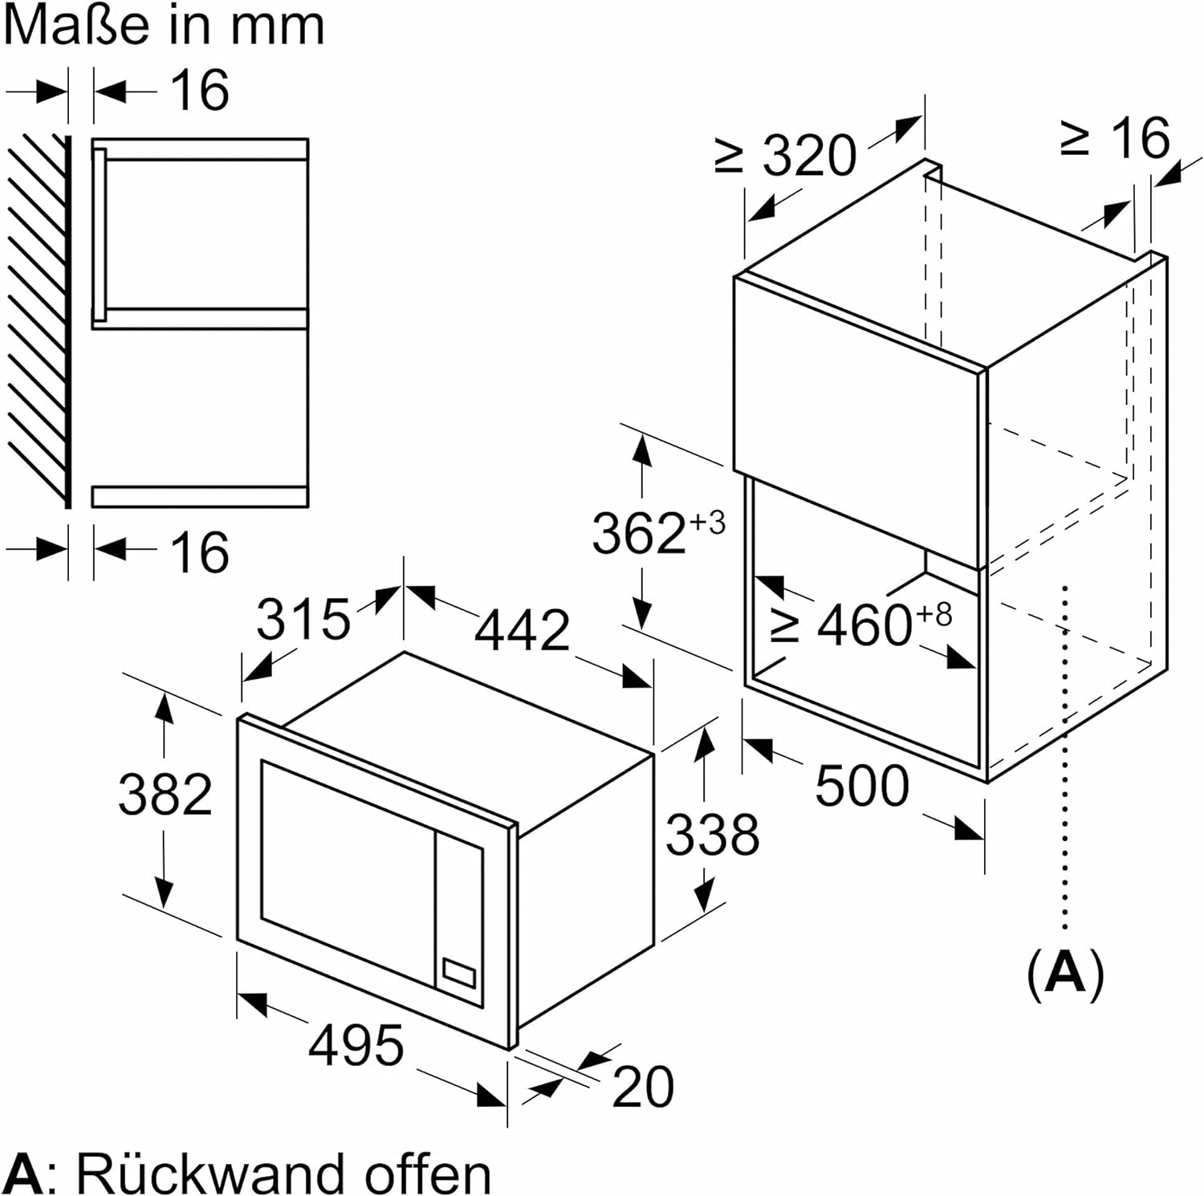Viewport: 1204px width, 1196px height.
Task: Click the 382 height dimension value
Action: point(165,794)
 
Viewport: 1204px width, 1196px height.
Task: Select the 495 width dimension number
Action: point(356,1045)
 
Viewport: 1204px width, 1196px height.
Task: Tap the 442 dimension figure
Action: point(522,630)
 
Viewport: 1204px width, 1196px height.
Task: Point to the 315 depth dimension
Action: point(303,619)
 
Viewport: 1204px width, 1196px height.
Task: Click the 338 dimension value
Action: point(712,834)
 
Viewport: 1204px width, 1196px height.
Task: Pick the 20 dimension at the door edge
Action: point(643,1087)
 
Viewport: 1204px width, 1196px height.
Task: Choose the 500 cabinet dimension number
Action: point(862,785)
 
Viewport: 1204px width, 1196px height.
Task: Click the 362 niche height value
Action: point(639,533)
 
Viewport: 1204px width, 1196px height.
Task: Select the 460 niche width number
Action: point(864,625)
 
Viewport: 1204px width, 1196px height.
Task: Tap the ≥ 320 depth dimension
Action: point(807,155)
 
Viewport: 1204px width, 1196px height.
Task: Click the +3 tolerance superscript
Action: point(707,523)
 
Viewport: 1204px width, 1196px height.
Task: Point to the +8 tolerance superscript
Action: point(934,615)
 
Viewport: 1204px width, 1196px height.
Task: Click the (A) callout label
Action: point(1065,973)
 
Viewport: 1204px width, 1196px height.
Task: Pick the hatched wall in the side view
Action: point(36,321)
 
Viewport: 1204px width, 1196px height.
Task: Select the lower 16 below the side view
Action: point(200,552)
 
